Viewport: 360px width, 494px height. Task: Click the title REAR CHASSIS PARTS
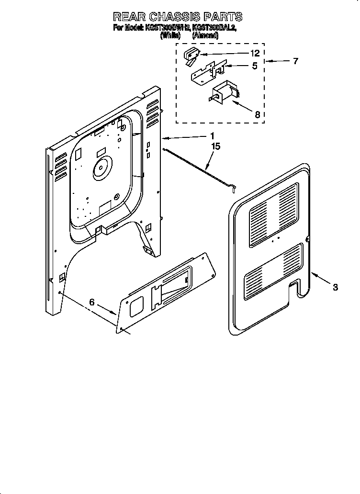[178, 17]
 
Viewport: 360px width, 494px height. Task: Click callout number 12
[255, 53]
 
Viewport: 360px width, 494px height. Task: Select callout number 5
[255, 66]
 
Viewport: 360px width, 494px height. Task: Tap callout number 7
[295, 61]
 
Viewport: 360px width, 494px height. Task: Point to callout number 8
[257, 114]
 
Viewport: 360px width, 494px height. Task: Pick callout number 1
[212, 136]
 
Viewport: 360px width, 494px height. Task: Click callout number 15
[216, 146]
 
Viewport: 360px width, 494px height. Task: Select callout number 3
[335, 287]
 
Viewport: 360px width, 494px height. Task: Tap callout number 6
[92, 303]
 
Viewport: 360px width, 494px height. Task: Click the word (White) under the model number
[170, 35]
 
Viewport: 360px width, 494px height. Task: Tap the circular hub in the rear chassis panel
[101, 168]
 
